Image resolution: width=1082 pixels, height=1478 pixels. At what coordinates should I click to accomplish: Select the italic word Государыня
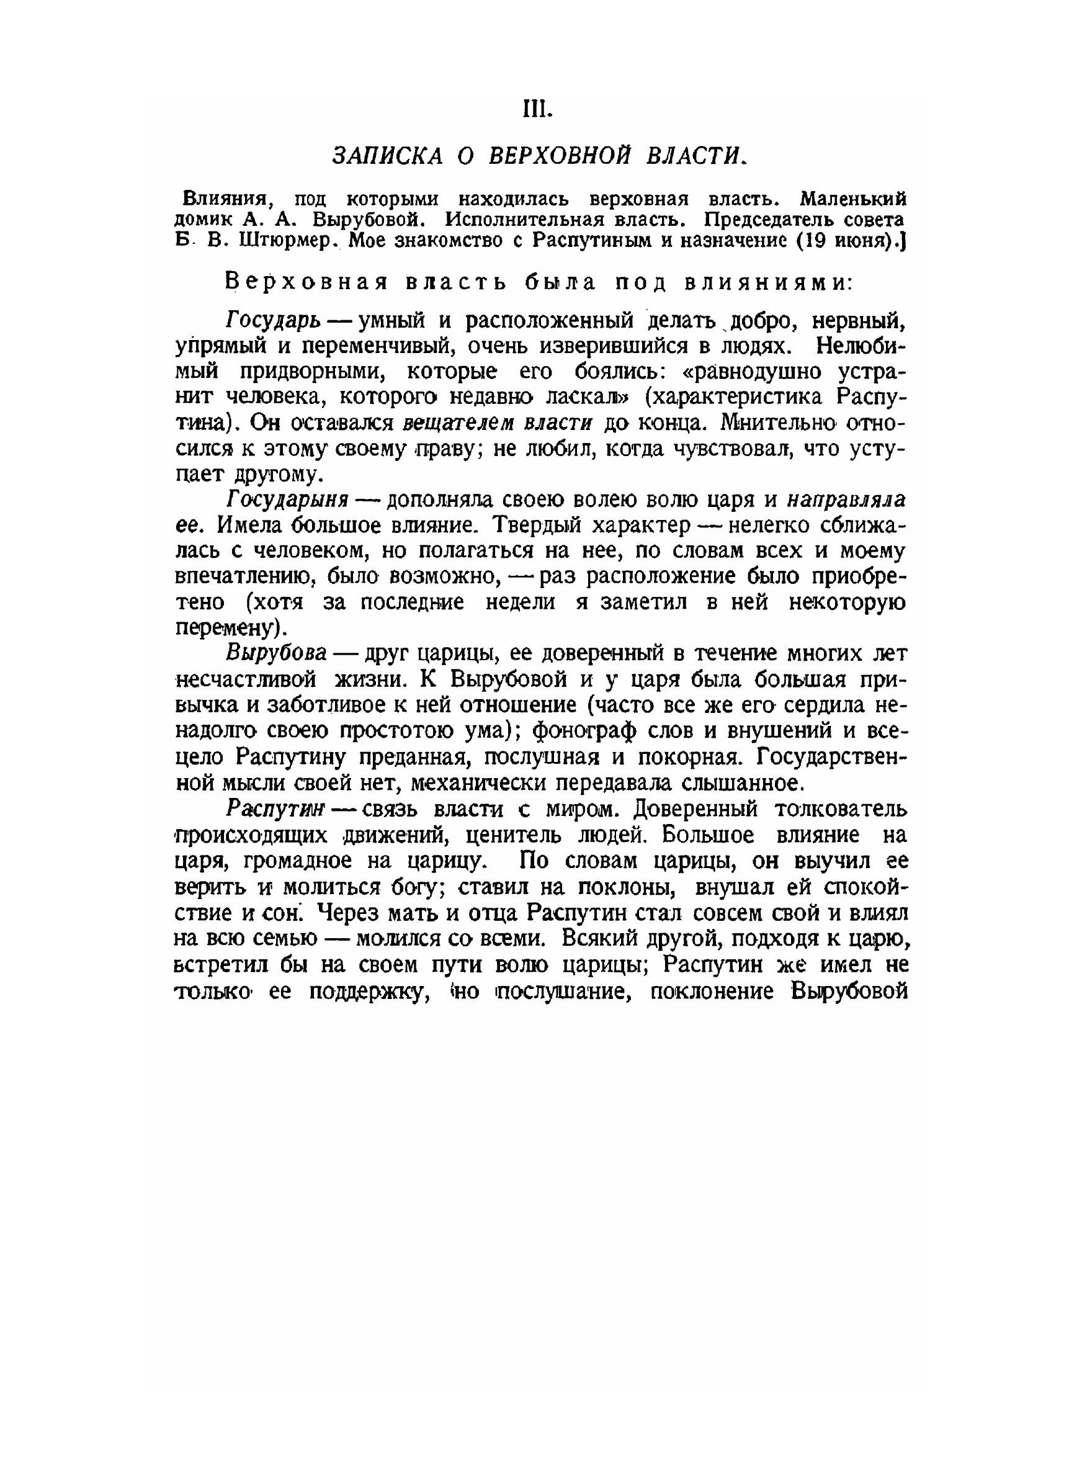point(287,500)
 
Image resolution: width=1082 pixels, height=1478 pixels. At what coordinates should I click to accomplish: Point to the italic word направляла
point(846,500)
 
